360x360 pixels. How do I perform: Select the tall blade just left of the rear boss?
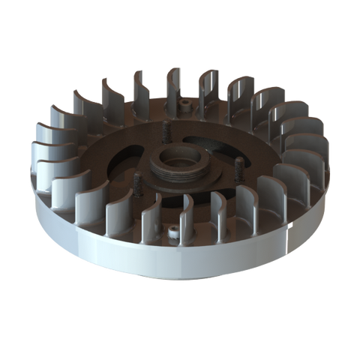(x=169, y=86)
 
